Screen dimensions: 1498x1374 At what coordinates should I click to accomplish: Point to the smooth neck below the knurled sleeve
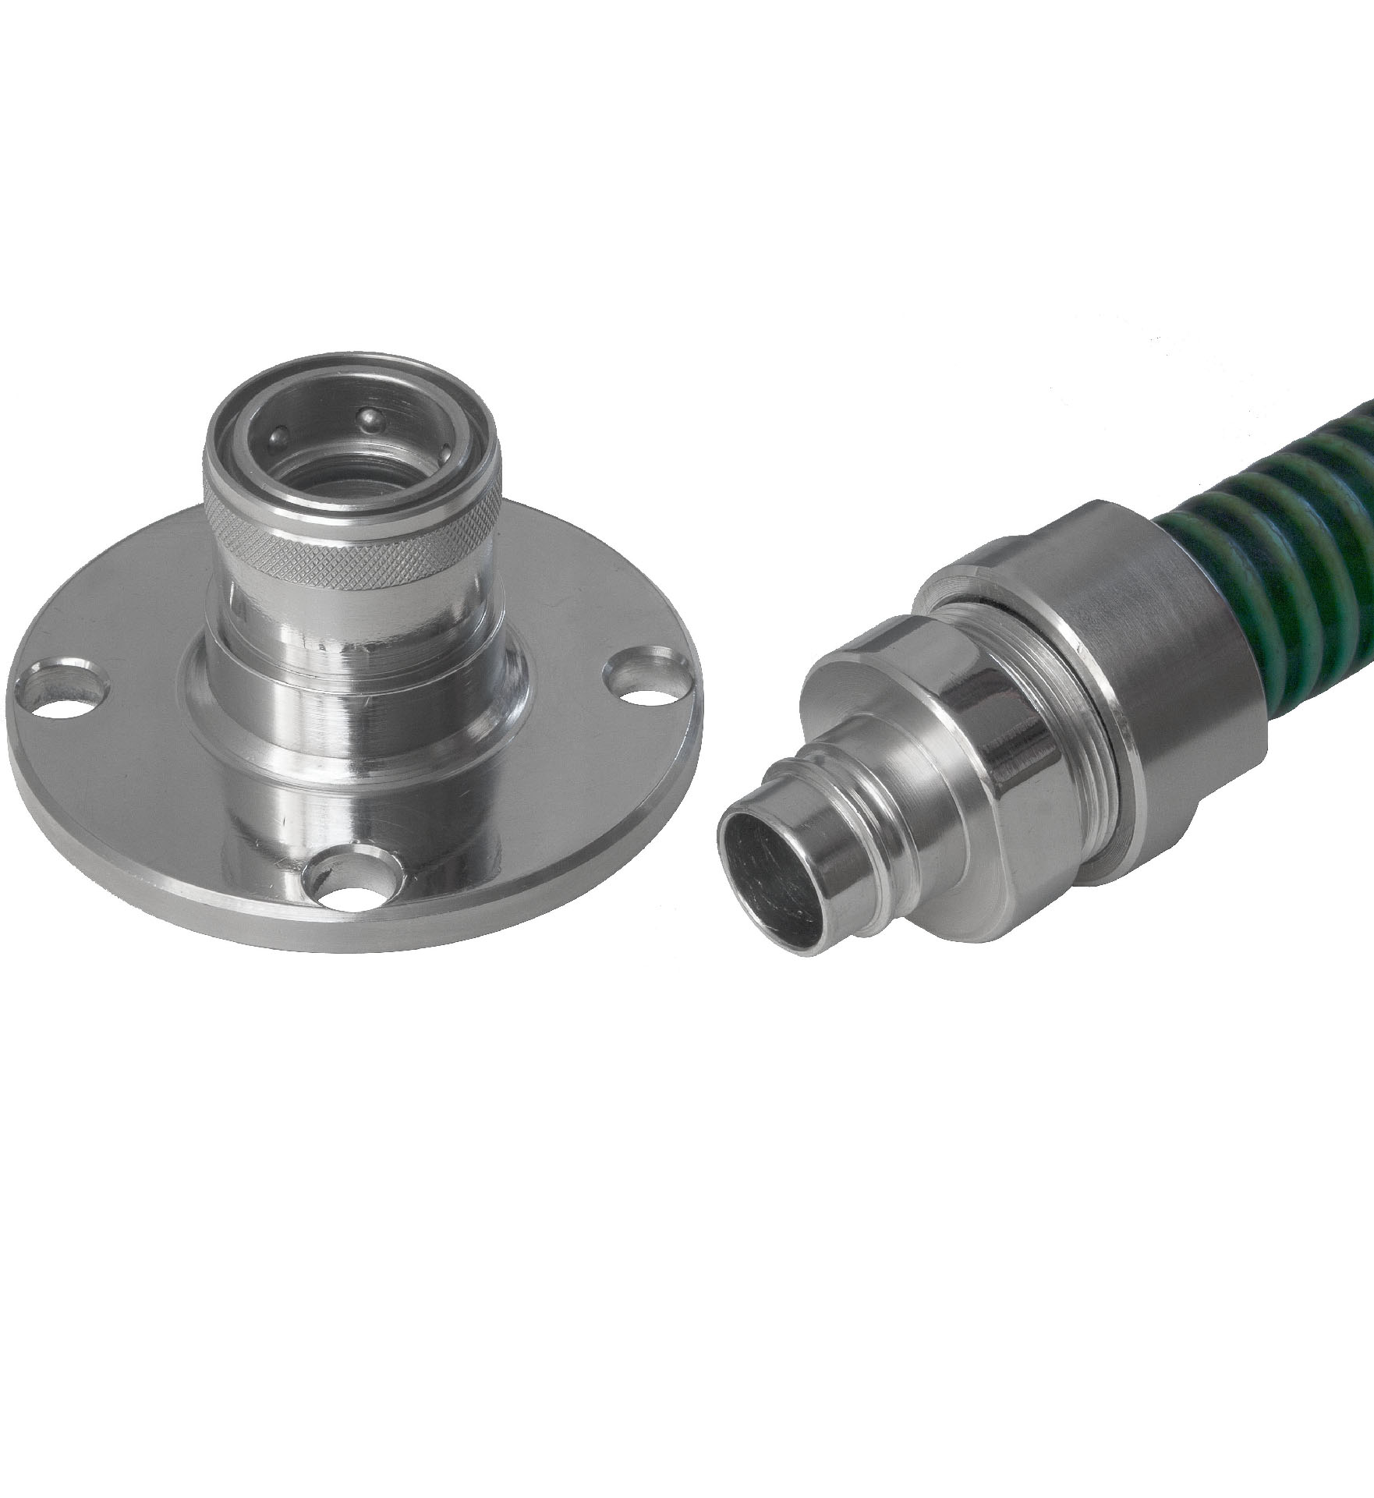point(355,624)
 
